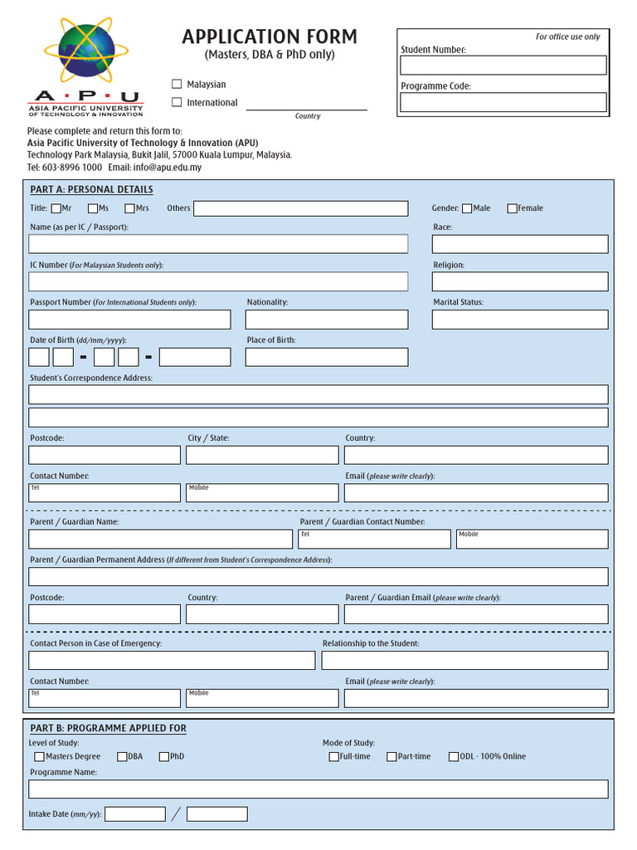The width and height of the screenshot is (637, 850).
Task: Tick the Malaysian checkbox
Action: coord(177,84)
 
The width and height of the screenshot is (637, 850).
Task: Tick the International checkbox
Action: coord(177,102)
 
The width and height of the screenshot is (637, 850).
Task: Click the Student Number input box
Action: coord(503,66)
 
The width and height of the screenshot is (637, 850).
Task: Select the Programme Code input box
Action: coord(503,102)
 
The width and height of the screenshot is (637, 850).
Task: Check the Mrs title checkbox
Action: coord(130,208)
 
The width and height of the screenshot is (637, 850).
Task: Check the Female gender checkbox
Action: coord(512,208)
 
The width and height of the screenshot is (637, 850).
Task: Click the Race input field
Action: coord(520,244)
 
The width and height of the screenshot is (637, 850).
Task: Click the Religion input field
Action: coord(520,281)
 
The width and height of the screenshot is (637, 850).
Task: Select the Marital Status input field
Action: coord(520,320)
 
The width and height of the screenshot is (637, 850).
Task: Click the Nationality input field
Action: coord(327,320)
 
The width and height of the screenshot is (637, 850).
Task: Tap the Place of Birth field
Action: coord(327,357)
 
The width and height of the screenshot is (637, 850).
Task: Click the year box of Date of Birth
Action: coord(195,357)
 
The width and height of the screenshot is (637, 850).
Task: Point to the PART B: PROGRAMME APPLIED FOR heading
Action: coord(108,728)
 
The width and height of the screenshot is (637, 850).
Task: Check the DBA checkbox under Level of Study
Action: coord(122,756)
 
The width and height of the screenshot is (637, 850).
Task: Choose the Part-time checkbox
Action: coord(391,756)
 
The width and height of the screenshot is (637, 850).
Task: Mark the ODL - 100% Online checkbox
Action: coord(454,756)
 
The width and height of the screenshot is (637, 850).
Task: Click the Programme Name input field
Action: coord(318,789)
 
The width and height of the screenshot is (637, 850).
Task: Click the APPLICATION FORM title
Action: coord(270,37)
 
